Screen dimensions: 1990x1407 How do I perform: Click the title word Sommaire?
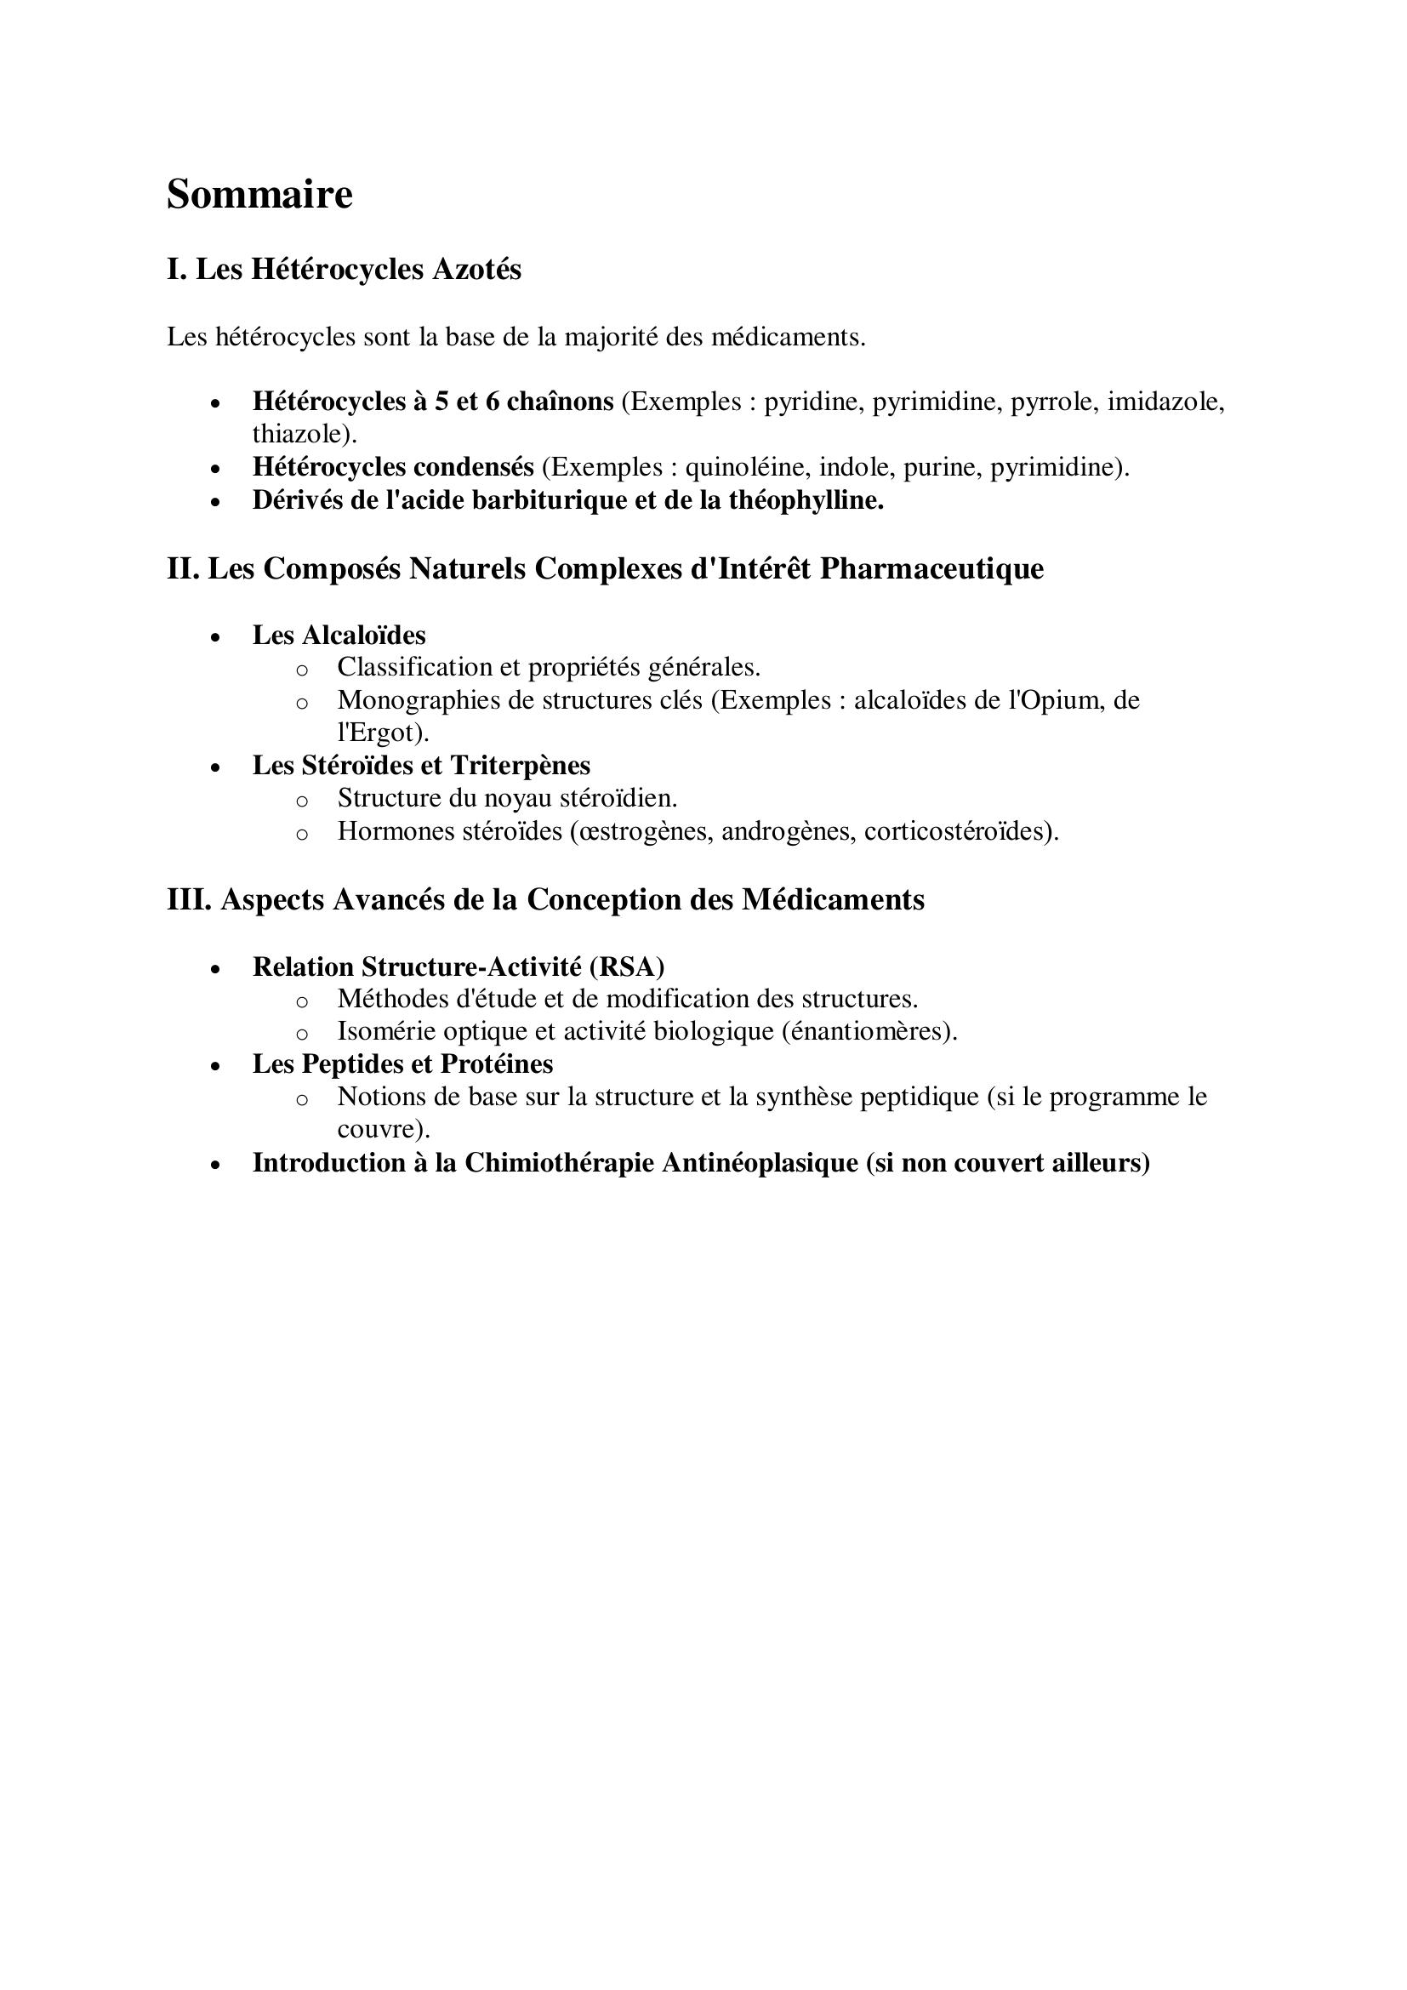click(x=259, y=194)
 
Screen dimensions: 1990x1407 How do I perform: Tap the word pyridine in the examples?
click(x=813, y=402)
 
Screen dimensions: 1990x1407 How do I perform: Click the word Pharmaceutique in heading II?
click(x=931, y=568)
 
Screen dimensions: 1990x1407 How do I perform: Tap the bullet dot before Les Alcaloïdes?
click(x=216, y=637)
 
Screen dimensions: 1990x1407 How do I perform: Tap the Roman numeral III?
click(x=189, y=899)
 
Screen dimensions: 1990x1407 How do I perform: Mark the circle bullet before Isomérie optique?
click(x=301, y=1034)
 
